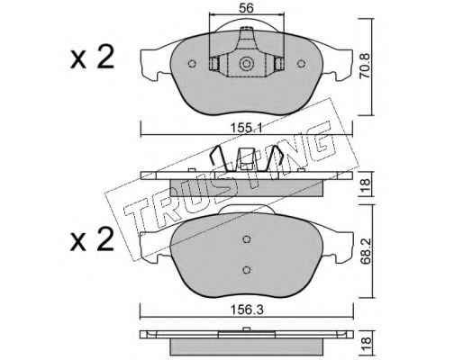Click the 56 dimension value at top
(x=246, y=8)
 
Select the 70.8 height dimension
(x=365, y=66)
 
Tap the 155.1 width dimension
(x=246, y=129)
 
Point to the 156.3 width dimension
(x=246, y=310)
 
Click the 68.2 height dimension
(x=366, y=251)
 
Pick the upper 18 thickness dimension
(x=365, y=184)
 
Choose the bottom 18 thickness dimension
(x=366, y=343)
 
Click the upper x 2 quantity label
(x=92, y=57)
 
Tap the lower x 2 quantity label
(x=92, y=238)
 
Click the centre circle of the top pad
(x=246, y=64)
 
